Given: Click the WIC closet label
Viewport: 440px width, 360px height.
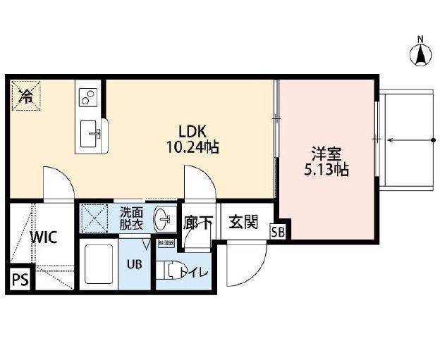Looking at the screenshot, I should click(x=44, y=237).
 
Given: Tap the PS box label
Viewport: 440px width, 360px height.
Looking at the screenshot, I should click(x=19, y=280).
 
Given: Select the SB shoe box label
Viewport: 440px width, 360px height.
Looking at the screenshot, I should click(x=278, y=231).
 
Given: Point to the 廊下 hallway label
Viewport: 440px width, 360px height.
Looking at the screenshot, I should click(x=198, y=223).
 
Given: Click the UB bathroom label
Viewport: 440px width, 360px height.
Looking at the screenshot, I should click(x=134, y=266).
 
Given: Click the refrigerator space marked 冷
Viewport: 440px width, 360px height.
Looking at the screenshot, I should click(x=25, y=97).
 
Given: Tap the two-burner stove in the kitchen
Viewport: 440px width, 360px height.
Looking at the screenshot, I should click(x=89, y=98).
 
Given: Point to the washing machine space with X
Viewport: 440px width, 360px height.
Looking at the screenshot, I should click(x=96, y=217).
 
